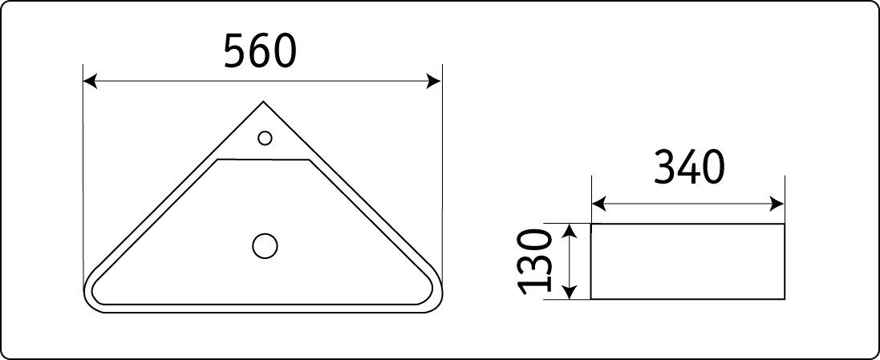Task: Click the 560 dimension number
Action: [x=259, y=51]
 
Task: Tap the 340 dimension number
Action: [x=689, y=168]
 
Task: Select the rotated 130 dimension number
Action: [x=534, y=261]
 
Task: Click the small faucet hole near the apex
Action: [x=265, y=137]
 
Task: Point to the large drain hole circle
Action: [x=265, y=245]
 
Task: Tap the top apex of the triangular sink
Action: [x=263, y=102]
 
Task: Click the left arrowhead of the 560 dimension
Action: [x=91, y=81]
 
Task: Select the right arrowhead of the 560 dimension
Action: [x=434, y=81]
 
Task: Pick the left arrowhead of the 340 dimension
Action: [x=599, y=204]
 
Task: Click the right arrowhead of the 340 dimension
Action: [x=777, y=204]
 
